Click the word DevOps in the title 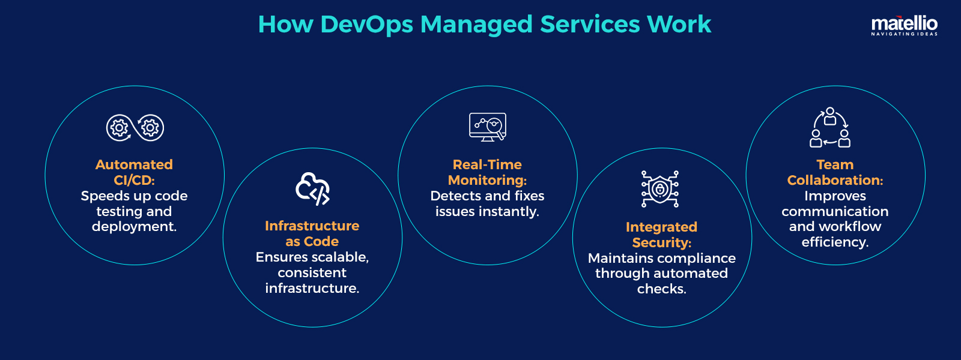366,25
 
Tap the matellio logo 904,23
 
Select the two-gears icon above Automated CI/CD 135,128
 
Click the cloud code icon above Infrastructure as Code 312,189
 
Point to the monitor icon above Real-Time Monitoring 488,127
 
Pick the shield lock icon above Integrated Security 660,189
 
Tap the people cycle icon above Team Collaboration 830,127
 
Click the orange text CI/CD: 134,180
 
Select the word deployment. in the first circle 134,227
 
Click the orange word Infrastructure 312,226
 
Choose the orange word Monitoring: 487,180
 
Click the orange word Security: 661,242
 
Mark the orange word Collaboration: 835,180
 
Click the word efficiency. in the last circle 835,242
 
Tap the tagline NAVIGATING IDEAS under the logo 904,34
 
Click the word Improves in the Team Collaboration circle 835,196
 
